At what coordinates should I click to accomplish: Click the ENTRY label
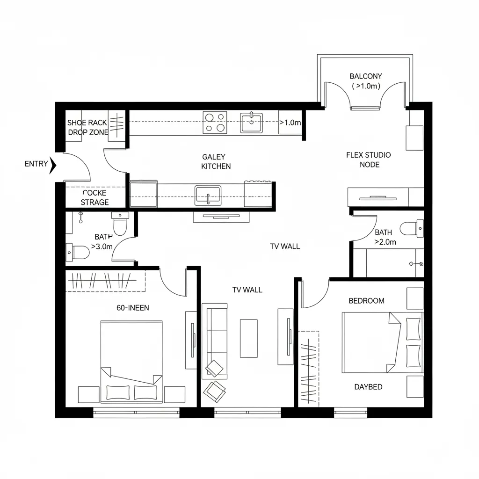36,164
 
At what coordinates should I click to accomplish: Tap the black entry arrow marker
53,165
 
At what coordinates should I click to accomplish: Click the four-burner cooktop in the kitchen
215,123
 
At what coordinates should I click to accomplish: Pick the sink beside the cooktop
252,123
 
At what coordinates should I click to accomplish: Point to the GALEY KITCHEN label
215,161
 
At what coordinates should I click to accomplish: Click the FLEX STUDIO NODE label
369,160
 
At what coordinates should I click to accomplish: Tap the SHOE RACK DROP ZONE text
87,127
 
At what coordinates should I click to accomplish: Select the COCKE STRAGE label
94,197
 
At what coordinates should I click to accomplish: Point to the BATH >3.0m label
102,241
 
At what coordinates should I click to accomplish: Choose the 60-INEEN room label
133,307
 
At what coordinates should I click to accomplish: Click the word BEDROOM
367,300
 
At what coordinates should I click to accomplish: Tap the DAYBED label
368,387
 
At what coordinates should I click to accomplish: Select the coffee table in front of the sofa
249,338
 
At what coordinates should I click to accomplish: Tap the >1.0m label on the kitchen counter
290,123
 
